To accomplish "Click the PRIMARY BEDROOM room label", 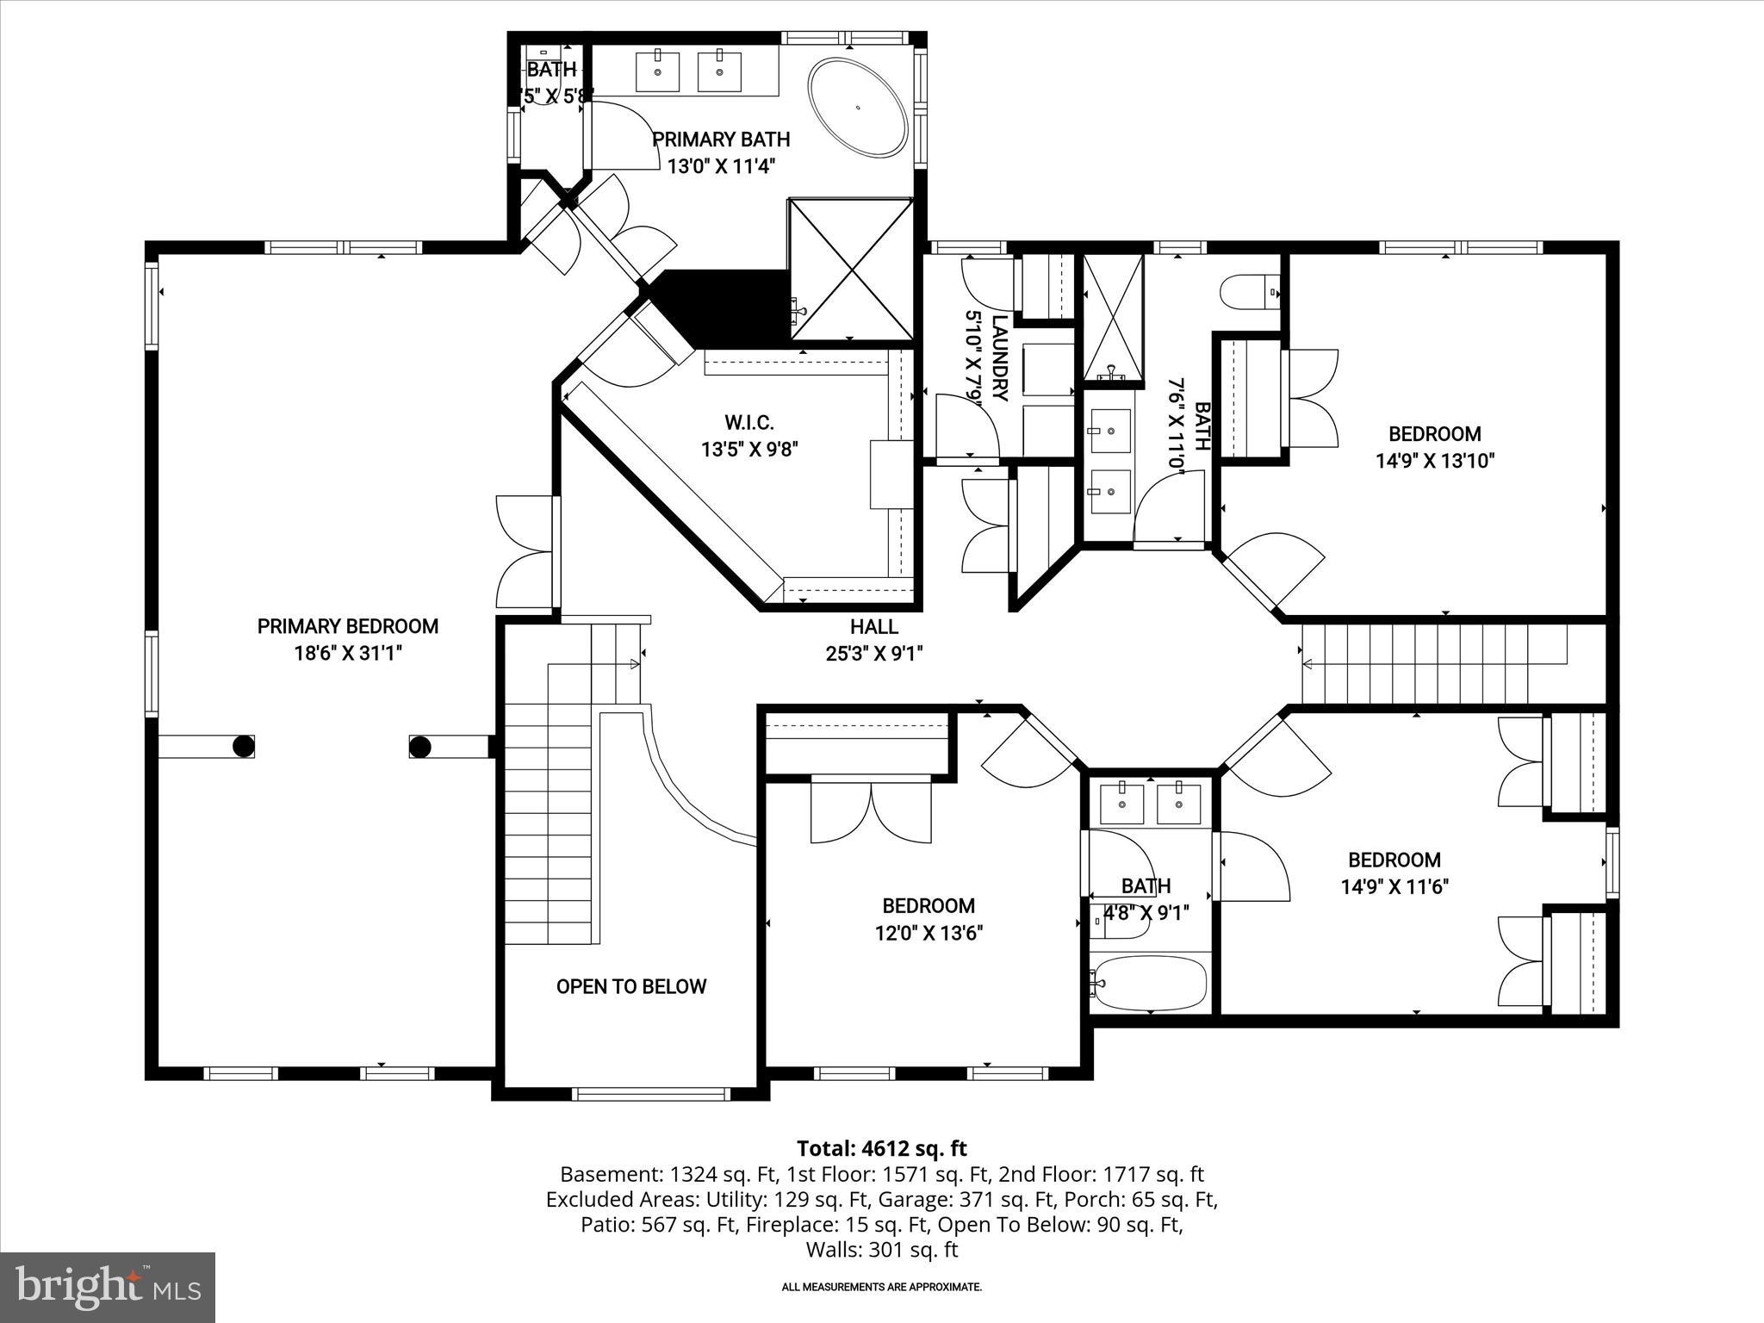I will pos(347,626).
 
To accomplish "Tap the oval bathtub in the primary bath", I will pos(857,108).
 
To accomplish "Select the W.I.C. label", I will pos(748,423).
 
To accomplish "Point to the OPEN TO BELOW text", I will pos(630,987).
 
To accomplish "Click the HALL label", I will pos(873,627).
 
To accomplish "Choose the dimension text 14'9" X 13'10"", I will pos(1434,461).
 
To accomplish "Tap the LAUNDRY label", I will pos(999,357).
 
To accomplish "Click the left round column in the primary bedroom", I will pos(244,746).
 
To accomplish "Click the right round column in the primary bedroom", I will pos(419,746).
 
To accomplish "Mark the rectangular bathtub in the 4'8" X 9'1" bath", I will pos(1150,983).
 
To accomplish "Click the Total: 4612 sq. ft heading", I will pos(881,1148).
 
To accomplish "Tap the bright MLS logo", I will pos(108,1287).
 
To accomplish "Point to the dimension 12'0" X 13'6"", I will pos(929,933).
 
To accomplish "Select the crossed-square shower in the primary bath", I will pos(851,269).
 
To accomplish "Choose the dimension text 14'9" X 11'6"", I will pos(1394,886).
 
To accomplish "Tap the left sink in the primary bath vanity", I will pos(657,71).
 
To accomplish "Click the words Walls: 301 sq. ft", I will pos(881,1249).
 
